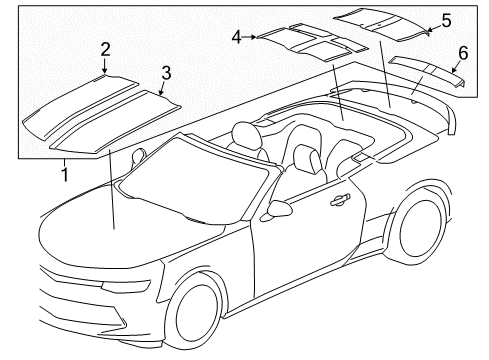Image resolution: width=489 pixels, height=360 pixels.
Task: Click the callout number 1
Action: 65,174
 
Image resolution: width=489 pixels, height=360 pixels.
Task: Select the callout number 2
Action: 105,50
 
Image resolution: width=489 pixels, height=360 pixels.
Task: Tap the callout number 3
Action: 166,73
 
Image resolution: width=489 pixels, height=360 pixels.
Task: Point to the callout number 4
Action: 236,37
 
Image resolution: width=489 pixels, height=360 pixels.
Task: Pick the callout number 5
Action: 446,20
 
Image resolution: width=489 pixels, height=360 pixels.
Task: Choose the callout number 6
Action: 463,53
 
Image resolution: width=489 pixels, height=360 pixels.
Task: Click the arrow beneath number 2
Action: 105,66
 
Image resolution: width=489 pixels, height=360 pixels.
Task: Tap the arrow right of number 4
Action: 250,37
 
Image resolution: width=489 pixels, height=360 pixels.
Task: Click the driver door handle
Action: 340,199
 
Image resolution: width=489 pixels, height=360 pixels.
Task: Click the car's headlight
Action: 126,286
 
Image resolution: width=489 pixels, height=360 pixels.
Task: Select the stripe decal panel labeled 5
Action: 381,24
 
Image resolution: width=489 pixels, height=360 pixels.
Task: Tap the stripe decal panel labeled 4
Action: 313,42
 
